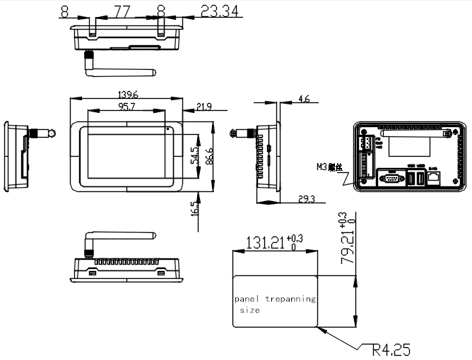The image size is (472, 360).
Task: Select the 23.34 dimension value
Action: click(220, 11)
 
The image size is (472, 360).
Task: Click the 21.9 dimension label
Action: click(204, 107)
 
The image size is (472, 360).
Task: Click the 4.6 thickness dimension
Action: click(304, 100)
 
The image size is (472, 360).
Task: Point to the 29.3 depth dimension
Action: click(306, 200)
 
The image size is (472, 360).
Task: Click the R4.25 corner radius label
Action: click(391, 349)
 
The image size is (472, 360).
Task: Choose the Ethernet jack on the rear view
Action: click(432, 177)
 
